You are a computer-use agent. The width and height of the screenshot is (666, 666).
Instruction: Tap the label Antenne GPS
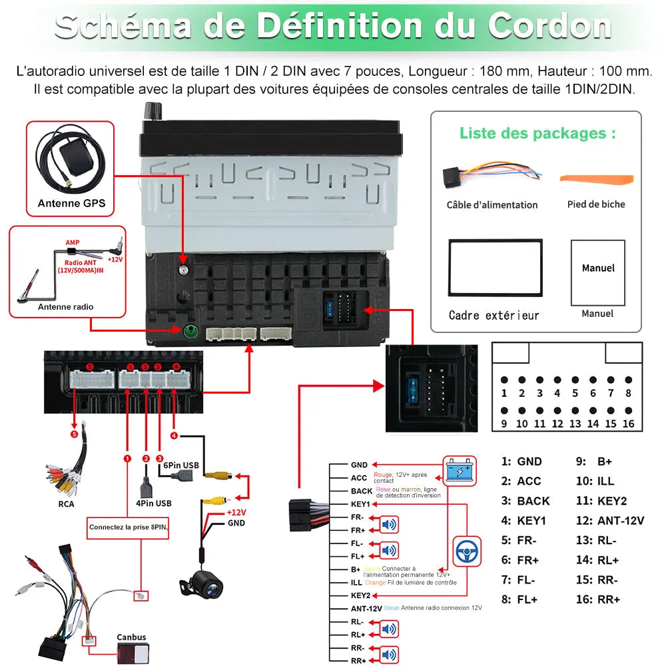(71, 204)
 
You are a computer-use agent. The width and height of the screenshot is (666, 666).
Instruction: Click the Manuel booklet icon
(598, 272)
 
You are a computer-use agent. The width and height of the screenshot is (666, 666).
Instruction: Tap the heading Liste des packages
(537, 133)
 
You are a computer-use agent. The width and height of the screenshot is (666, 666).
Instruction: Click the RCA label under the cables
(66, 504)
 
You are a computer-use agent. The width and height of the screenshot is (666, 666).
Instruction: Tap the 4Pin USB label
(153, 503)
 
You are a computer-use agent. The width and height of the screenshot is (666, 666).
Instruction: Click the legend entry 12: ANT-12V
(609, 521)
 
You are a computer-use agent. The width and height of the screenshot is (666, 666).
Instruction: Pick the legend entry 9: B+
(593, 462)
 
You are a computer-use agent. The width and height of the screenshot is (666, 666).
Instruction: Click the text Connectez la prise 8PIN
(129, 527)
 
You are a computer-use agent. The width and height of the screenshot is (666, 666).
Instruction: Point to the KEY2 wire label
(360, 595)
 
